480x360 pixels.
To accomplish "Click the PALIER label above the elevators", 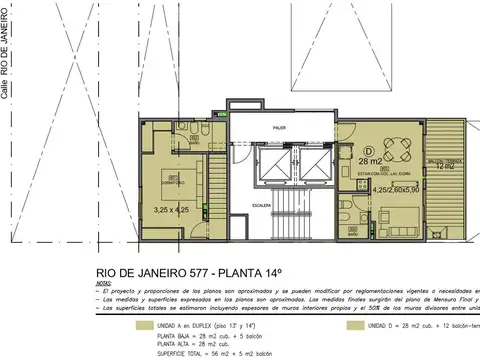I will [x=281, y=128].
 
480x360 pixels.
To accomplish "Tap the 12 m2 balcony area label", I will [x=446, y=166].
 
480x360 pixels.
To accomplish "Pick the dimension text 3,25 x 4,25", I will [x=170, y=209].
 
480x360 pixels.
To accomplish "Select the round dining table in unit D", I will [x=396, y=149].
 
